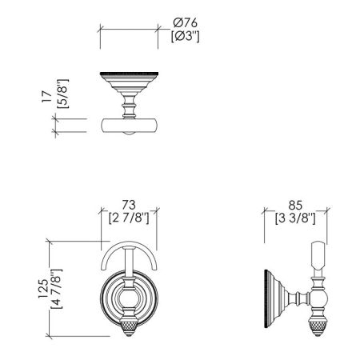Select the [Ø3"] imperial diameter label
coord(186,36)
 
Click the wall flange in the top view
coord(128,80)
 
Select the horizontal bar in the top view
coord(128,124)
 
